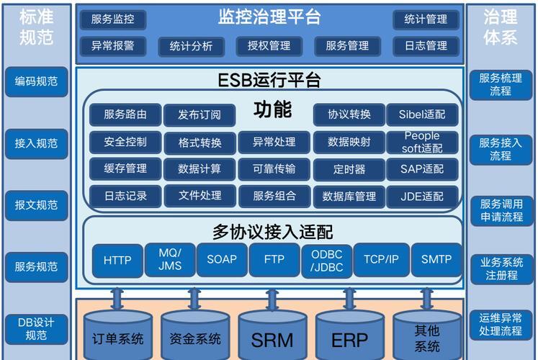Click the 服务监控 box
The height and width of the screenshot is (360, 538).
point(113,19)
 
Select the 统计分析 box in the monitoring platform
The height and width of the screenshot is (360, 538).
point(191,46)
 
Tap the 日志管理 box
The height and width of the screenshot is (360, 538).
point(426,46)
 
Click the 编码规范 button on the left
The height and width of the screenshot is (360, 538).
point(36,81)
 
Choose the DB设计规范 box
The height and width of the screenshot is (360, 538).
point(36,329)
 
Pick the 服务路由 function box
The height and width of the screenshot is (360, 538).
point(125,114)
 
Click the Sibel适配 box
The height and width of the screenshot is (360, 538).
point(422,114)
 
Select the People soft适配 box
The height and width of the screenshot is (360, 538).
point(422,142)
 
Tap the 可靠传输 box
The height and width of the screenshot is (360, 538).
point(274,169)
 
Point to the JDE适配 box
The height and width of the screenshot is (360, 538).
point(422,197)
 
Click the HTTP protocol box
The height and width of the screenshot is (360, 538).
point(117,260)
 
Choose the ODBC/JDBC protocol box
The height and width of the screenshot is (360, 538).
point(327,261)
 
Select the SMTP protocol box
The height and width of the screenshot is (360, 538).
point(436,259)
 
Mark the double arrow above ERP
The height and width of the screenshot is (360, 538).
point(349,299)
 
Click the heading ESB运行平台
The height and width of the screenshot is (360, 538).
point(269,80)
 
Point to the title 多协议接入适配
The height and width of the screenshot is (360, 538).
point(272,232)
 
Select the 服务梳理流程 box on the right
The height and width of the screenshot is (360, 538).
point(501,85)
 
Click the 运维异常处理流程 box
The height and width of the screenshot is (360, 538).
point(501,325)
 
